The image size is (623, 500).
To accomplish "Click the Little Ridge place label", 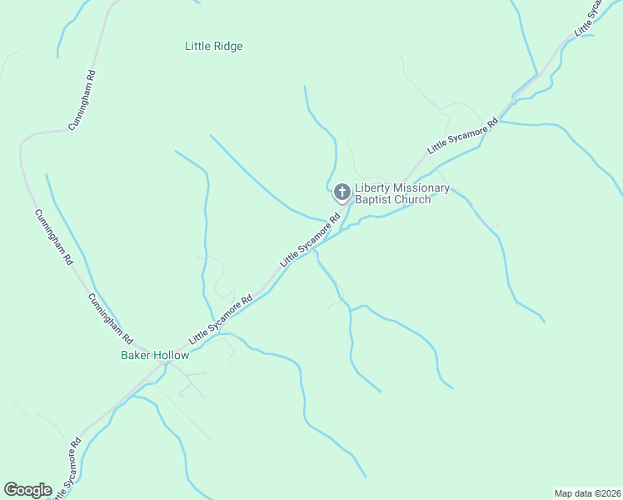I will pos(213,47).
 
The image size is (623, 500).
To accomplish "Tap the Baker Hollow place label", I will pos(155,355).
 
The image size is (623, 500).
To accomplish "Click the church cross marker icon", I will pos(341,193).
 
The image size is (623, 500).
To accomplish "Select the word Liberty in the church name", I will pos(372,188).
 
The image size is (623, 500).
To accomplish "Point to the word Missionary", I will pos(421,188).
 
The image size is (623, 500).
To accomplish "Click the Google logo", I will pos(27,490).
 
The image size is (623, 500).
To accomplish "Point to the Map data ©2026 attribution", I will pos(588,492).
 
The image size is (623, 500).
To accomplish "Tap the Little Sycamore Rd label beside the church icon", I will pos(311,241).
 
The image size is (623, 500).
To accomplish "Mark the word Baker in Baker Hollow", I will pos(135,355).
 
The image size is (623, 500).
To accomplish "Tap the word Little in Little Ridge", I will pos(197,47).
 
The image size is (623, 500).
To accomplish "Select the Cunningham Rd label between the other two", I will pos(53,237).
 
